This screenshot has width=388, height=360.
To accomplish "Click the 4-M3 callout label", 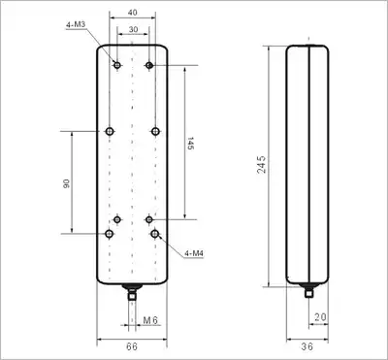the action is pyautogui.click(x=76, y=24).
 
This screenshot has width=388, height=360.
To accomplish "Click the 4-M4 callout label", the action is pyautogui.click(x=194, y=253).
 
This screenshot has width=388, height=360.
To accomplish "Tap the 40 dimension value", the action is pyautogui.click(x=133, y=13).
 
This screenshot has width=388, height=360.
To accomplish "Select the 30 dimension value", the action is pyautogui.click(x=133, y=29).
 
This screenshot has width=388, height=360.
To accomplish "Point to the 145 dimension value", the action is pyautogui.click(x=190, y=143).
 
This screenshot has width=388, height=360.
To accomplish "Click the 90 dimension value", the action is pyautogui.click(x=66, y=184).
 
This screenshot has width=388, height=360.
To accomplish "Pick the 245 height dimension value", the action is pyautogui.click(x=262, y=164).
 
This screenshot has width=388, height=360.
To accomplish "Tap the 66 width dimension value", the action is pyautogui.click(x=132, y=346).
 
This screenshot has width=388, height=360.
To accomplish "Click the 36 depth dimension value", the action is pyautogui.click(x=307, y=346).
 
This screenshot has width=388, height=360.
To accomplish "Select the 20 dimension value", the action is pyautogui.click(x=320, y=317).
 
